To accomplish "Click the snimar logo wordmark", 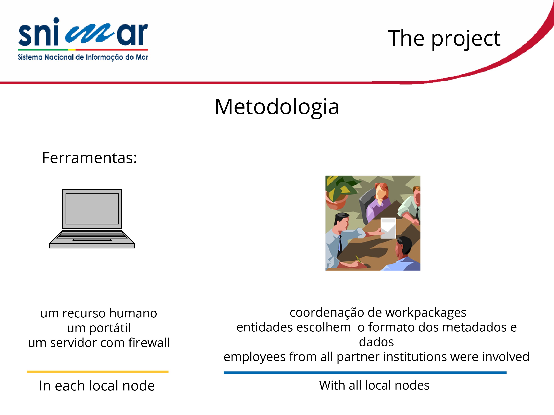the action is [x=83, y=32].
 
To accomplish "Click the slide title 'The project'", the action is [x=444, y=39].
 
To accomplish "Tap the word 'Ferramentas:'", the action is [x=89, y=158].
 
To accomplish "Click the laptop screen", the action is [x=92, y=209].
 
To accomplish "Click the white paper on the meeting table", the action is [x=388, y=228].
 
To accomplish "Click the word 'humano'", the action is [x=133, y=313].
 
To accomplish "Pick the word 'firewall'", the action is [x=149, y=343].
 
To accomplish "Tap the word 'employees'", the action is [x=255, y=357].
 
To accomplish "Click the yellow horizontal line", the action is [x=98, y=372].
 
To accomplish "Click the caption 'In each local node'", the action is [x=97, y=385].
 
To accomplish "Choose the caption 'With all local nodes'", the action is [x=374, y=385].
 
